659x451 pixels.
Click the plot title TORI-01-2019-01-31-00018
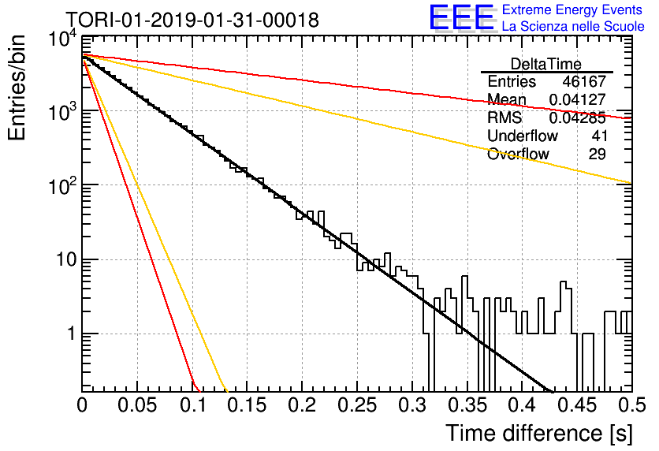click(x=192, y=20)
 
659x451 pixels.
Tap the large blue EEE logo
click(x=462, y=17)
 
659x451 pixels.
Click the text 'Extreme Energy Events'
click(x=572, y=9)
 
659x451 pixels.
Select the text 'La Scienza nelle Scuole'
click(x=573, y=26)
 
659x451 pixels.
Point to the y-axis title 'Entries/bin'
click(x=17, y=88)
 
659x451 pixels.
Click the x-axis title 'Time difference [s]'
click(x=539, y=433)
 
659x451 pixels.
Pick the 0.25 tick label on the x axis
click(x=357, y=405)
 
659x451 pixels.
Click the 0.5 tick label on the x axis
click(x=632, y=405)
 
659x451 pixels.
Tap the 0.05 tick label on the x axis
click(x=137, y=405)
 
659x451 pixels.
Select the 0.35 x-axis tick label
click(x=467, y=405)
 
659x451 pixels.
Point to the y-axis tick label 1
click(x=72, y=334)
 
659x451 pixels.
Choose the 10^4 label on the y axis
click(x=63, y=40)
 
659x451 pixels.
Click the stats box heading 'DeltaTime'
click(x=546, y=64)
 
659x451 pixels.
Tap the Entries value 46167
click(x=584, y=81)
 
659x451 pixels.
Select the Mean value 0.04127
click(x=578, y=99)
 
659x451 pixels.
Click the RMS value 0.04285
click(x=578, y=118)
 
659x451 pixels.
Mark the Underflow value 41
click(x=599, y=136)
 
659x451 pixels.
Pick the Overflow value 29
click(x=598, y=155)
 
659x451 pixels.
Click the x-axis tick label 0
click(x=82, y=405)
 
